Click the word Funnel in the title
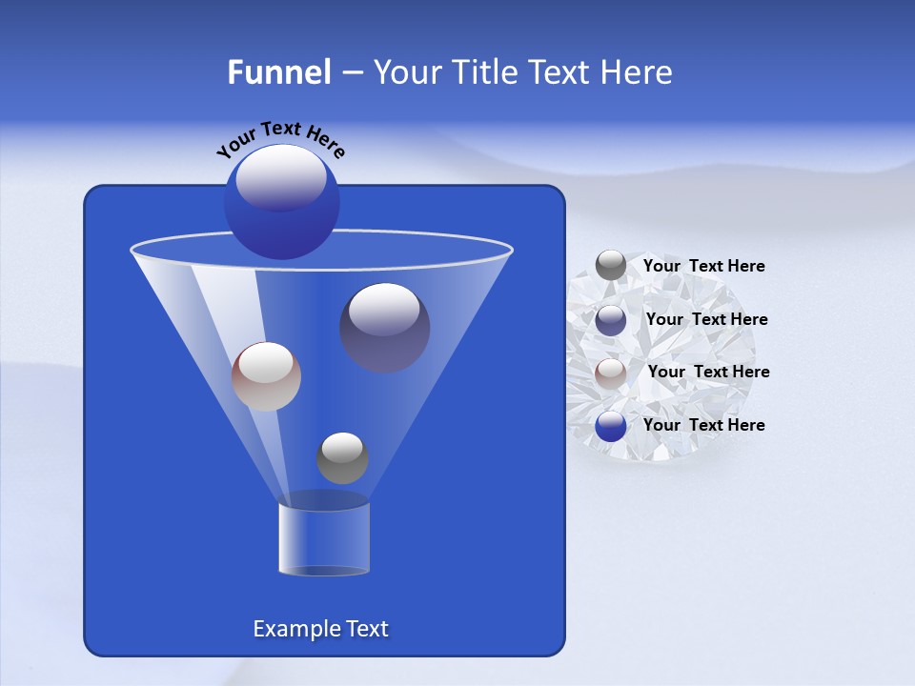click(278, 72)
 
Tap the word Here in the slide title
click(639, 72)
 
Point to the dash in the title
click(351, 73)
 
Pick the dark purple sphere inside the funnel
click(384, 327)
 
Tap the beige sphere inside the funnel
click(266, 376)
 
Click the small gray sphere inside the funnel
click(342, 457)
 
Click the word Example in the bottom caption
click(289, 629)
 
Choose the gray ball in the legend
click(611, 266)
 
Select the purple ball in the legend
click(611, 320)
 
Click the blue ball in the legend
click(611, 426)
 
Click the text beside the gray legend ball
click(703, 266)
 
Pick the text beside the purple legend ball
click(706, 319)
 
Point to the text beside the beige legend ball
click(708, 372)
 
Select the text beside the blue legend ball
click(703, 425)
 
